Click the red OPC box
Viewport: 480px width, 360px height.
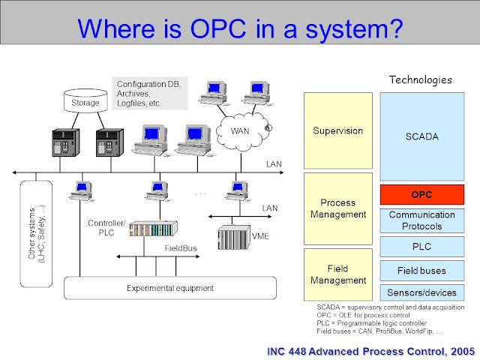421,194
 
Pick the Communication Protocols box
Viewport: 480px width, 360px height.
421,220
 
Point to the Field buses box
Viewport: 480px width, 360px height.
421,269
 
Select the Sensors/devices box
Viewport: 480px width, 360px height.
421,292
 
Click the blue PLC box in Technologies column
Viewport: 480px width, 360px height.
421,245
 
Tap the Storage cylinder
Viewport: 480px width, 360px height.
85,101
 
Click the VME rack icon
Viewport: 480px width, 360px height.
232,237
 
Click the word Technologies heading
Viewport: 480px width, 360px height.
421,79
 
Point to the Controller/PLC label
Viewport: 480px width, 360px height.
107,228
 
